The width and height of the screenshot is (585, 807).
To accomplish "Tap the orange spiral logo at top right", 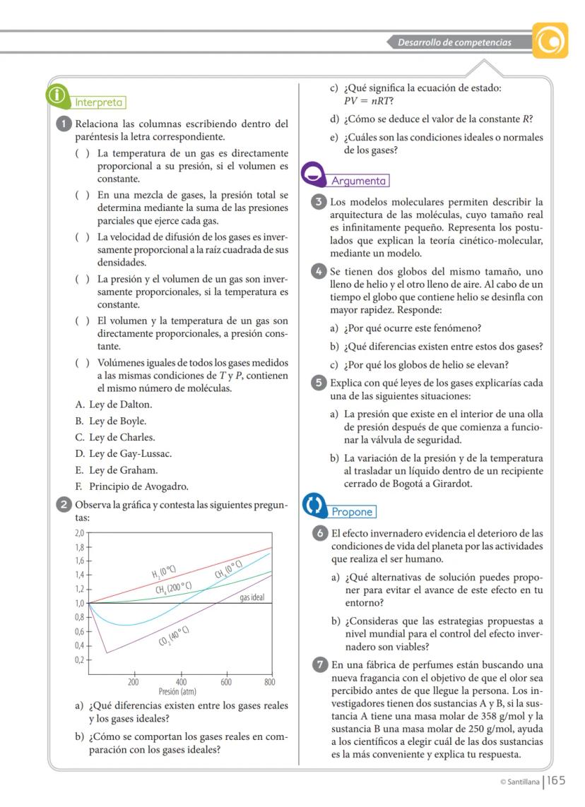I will (550, 42).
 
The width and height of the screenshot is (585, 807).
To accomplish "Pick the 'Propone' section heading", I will (353, 511).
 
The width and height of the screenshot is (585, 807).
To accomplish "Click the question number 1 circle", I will (64, 124).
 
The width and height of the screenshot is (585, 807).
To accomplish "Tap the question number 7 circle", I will (320, 664).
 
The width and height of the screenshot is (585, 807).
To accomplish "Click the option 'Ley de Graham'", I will (116, 470).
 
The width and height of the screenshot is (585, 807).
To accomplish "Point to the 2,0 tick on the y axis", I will (80, 532).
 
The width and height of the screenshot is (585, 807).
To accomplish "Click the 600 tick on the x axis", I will (225, 682).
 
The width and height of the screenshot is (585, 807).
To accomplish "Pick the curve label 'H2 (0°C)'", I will (163, 571).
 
